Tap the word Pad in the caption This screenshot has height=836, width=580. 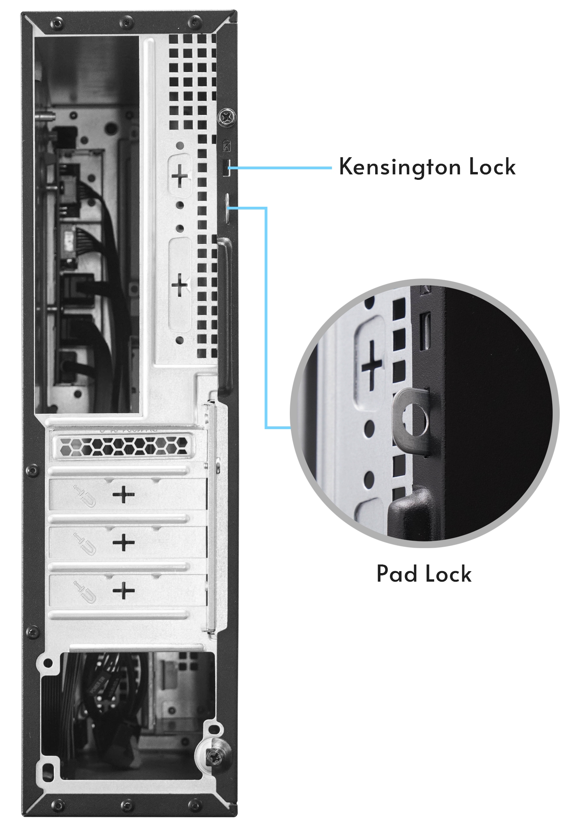[397, 574]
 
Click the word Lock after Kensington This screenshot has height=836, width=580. [492, 167]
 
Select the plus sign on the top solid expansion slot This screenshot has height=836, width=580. [124, 495]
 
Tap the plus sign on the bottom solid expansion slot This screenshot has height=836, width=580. [124, 590]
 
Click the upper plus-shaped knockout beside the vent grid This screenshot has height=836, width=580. [180, 176]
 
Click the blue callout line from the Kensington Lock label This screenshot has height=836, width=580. [281, 168]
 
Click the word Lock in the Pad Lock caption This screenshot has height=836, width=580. [448, 574]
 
